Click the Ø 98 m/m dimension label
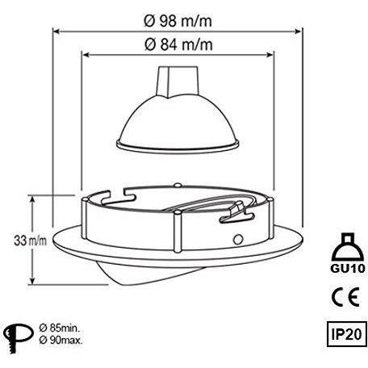178,21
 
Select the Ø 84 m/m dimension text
178,44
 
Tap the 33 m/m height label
30,240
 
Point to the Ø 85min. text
59,328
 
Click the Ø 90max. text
61,340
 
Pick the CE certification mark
345,296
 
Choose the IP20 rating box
347,334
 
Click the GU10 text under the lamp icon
348,268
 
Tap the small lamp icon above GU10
348,247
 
